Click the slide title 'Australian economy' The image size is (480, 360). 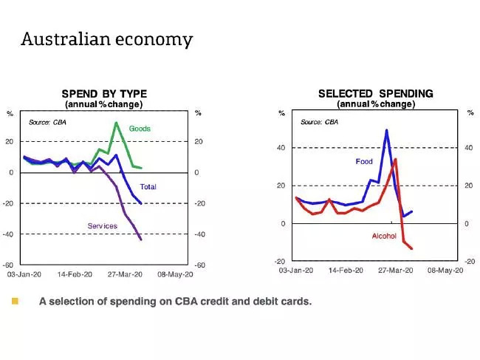(x=107, y=38)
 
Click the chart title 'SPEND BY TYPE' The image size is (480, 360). (x=104, y=94)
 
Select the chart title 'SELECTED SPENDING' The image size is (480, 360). (x=376, y=94)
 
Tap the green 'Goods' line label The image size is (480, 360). (x=140, y=129)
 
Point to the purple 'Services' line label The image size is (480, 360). (x=103, y=225)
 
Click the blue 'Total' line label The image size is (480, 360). (x=148, y=187)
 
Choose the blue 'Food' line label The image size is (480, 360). (x=364, y=161)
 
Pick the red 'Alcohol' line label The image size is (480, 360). (x=384, y=237)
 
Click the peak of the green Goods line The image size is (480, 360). (x=116, y=123)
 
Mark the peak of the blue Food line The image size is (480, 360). (x=386, y=130)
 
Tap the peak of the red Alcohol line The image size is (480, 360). (x=396, y=159)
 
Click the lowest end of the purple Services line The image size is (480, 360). (x=141, y=240)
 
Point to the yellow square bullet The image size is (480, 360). (x=14, y=301)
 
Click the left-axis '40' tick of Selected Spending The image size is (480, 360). (x=281, y=148)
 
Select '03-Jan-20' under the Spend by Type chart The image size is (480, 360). (x=24, y=274)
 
